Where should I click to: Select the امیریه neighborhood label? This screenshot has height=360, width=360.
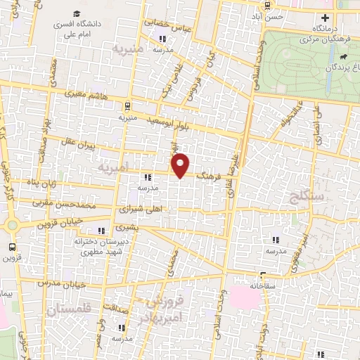tap(115, 169)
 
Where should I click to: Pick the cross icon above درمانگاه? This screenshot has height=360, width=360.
tap(324, 18)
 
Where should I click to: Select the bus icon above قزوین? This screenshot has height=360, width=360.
tap(12, 247)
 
